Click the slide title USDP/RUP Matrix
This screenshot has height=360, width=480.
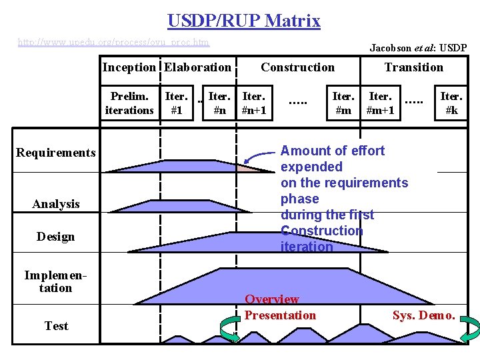coord(243,21)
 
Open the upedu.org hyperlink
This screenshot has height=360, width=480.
coord(113,43)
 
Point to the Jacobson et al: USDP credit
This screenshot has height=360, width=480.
coord(418,48)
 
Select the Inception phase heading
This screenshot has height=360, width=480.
coord(129,67)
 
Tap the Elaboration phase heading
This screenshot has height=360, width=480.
coord(198,67)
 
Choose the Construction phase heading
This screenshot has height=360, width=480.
coord(297,67)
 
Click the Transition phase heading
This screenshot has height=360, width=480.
coord(413,67)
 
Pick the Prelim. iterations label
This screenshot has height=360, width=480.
coord(129,103)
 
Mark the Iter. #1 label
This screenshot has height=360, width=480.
coord(177,103)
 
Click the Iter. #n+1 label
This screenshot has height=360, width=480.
coord(254,103)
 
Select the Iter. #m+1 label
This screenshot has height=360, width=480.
coord(381,103)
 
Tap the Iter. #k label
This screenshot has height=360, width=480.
coord(451,103)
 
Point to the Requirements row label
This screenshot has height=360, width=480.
coord(56,153)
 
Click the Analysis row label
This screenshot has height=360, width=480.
coord(56,204)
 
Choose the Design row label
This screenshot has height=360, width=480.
coord(56,237)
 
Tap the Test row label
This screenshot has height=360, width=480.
coord(56,326)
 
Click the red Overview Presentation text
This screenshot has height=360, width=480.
coord(280,307)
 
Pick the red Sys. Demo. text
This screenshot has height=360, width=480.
coord(424,315)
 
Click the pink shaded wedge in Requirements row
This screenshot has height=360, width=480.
coord(246,167)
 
